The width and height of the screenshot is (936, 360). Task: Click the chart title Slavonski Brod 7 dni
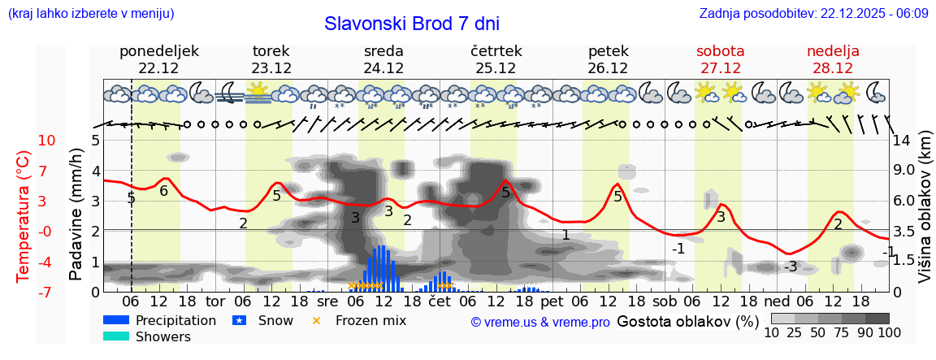pyautogui.click(x=411, y=24)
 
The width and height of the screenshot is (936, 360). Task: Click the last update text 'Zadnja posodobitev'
pyautogui.click(x=813, y=13)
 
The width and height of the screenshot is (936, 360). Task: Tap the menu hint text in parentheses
pyautogui.click(x=90, y=13)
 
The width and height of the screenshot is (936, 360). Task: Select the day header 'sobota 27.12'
pyautogui.click(x=721, y=59)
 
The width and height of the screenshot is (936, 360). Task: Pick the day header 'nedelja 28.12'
pyautogui.click(x=833, y=59)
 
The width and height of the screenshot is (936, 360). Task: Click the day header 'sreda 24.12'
pyautogui.click(x=383, y=59)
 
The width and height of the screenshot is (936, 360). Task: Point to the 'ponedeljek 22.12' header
pyautogui.click(x=158, y=59)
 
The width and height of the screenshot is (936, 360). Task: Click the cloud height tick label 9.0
pyautogui.click(x=904, y=171)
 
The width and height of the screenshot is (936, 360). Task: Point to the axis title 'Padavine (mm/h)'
pyautogui.click(x=76, y=215)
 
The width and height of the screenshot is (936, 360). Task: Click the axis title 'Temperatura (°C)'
pyautogui.click(x=24, y=216)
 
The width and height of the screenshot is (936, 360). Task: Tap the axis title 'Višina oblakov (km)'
pyautogui.click(x=925, y=215)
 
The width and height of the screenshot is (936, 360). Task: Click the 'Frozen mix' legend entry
pyautogui.click(x=370, y=320)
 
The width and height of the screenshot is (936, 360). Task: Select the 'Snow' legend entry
pyautogui.click(x=274, y=320)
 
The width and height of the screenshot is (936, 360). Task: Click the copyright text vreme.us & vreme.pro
pyautogui.click(x=539, y=323)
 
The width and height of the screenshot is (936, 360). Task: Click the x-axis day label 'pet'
pyautogui.click(x=552, y=301)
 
